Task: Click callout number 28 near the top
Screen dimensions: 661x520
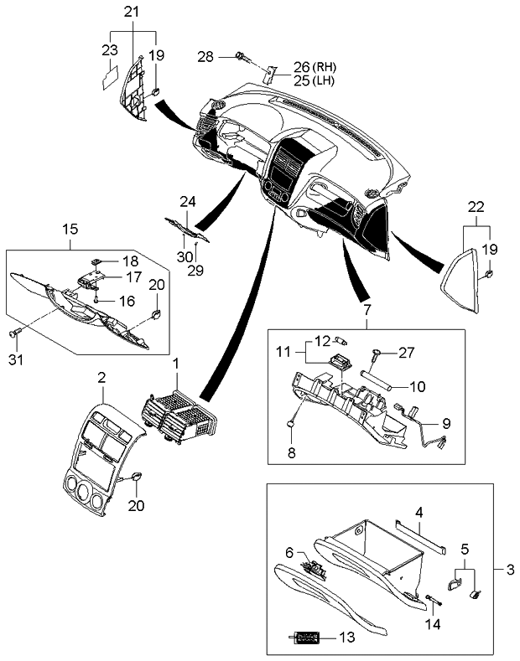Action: (x=206, y=56)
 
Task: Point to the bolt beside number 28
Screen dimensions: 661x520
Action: (x=242, y=57)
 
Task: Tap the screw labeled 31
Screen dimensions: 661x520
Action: (x=14, y=333)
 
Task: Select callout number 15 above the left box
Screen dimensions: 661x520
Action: (x=70, y=227)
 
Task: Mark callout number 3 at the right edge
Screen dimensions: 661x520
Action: (x=508, y=571)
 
